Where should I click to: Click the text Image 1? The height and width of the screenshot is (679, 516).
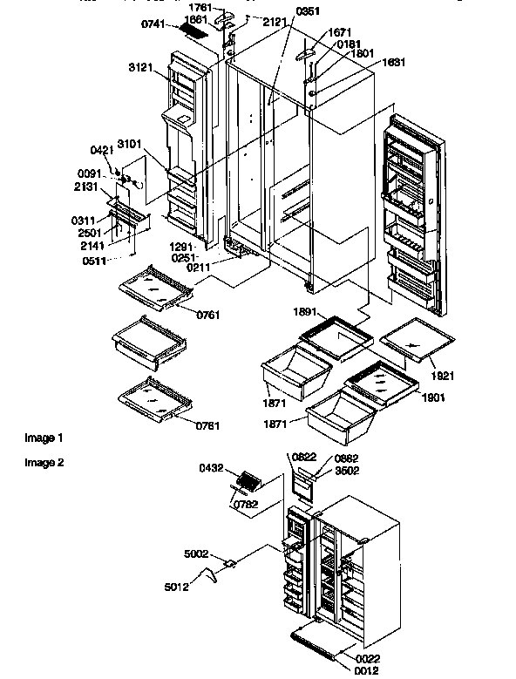[x=44, y=437]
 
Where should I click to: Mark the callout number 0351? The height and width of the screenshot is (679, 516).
[x=285, y=12]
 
